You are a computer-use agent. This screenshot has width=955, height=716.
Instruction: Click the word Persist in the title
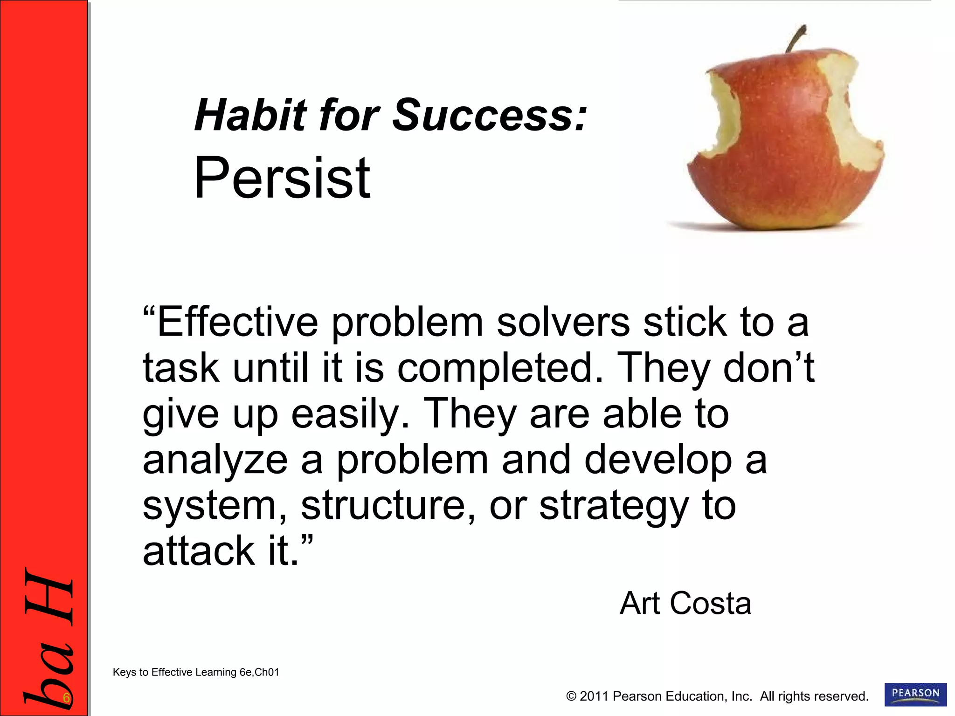click(282, 179)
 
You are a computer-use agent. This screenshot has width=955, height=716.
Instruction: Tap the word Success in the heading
click(490, 115)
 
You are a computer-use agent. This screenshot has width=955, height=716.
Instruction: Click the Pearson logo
click(915, 695)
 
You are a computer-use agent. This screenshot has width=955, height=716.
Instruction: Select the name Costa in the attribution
click(711, 604)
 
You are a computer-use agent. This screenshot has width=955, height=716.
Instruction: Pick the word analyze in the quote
click(215, 461)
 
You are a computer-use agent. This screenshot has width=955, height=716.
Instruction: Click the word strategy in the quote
click(614, 507)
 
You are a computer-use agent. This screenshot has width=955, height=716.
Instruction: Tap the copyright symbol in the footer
click(571, 696)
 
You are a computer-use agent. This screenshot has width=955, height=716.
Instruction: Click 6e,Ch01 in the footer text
click(259, 672)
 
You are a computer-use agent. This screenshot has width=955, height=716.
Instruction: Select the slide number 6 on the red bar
click(67, 698)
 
